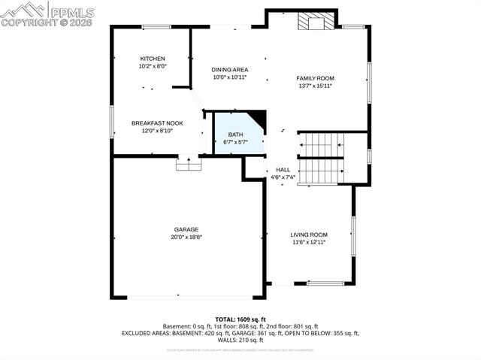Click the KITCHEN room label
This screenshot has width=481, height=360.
click(x=153, y=59)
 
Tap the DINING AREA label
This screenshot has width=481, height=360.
click(x=229, y=70)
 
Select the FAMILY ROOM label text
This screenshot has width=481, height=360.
click(x=315, y=78)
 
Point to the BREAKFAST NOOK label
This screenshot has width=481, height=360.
click(x=157, y=123)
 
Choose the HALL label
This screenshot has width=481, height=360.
click(x=283, y=170)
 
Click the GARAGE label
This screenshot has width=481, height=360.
click(x=186, y=229)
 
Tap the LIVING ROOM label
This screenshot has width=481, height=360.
click(x=309, y=234)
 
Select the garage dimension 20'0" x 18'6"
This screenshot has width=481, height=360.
click(x=187, y=237)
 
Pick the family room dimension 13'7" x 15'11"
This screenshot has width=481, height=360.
click(x=315, y=86)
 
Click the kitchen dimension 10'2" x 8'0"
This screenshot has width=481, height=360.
click(x=153, y=66)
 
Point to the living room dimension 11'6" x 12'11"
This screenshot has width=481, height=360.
click(x=309, y=242)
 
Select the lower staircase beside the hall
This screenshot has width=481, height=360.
click(x=321, y=172)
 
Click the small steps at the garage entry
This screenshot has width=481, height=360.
click(x=188, y=164)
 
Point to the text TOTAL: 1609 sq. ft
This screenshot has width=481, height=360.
click(x=240, y=319)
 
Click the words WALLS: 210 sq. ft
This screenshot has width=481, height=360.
click(x=240, y=340)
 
